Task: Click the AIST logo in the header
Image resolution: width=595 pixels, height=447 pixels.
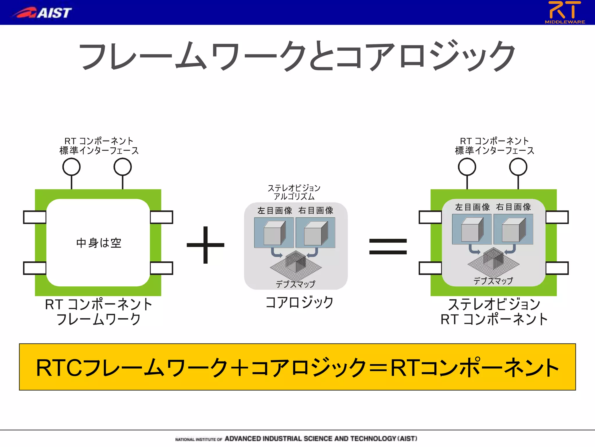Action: tap(42, 13)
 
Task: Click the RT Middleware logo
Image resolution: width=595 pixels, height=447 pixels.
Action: tap(564, 12)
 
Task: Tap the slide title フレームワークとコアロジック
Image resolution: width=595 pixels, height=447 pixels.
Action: tap(297, 56)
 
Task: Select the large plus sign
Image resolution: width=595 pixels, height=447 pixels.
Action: tap(205, 245)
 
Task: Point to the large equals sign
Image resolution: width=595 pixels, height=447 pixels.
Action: tap(388, 246)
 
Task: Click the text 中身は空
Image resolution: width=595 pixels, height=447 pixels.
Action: tap(98, 243)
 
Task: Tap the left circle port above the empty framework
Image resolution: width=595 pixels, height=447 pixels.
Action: tap(71, 167)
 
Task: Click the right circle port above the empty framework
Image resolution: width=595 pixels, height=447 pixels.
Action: tap(123, 167)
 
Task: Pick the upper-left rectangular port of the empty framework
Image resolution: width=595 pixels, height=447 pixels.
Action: tap(35, 217)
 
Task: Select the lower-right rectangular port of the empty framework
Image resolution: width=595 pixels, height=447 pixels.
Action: tap(162, 268)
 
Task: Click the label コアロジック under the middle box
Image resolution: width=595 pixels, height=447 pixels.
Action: tap(299, 302)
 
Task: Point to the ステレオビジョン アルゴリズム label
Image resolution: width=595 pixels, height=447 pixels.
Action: tap(294, 192)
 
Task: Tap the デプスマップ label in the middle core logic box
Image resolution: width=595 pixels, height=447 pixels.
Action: tap(295, 284)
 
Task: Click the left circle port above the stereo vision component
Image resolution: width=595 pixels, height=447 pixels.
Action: tap(467, 167)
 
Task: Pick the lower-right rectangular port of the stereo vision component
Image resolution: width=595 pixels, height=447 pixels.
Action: tap(557, 268)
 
